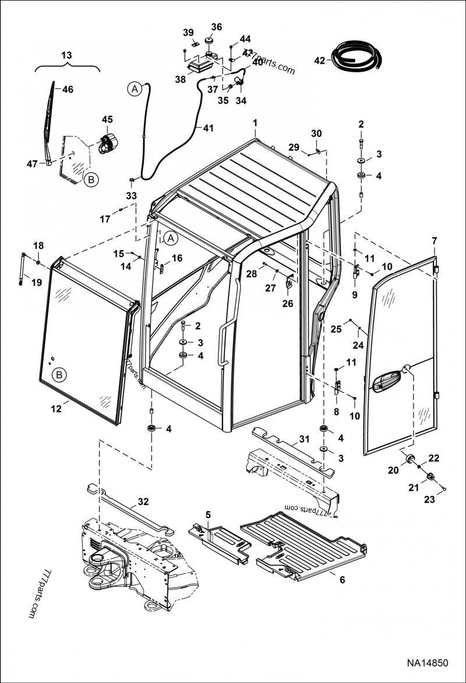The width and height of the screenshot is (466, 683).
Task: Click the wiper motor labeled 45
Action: pos(108,143)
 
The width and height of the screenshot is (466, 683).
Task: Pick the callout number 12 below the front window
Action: pos(56,409)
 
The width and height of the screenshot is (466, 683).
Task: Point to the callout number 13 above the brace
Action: pos(66,55)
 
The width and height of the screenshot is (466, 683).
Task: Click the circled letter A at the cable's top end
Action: pos(135,89)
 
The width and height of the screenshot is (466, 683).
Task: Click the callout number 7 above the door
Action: pos(433,241)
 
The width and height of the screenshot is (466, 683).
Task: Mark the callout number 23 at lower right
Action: pos(429,499)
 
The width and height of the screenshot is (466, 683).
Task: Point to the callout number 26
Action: pos(288,303)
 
